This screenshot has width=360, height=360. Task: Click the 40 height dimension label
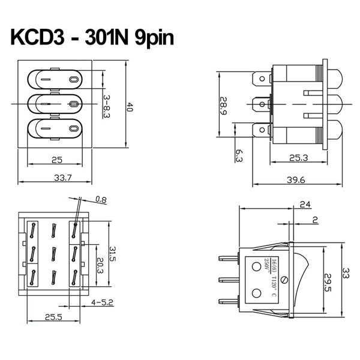coord(130,107)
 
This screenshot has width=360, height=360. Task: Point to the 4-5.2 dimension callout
coord(102,302)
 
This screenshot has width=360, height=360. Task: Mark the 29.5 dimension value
coord(328,281)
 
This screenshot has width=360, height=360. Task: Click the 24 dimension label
coord(305,205)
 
